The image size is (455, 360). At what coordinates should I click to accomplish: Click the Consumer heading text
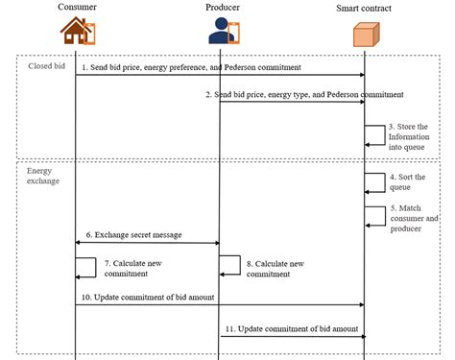coord(76,7)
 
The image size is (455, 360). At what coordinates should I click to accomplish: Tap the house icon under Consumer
coord(77,31)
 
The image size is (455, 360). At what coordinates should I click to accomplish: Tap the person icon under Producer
coord(220,32)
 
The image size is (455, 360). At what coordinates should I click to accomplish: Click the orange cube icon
coord(365,35)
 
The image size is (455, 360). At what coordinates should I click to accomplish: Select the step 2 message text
coord(304,95)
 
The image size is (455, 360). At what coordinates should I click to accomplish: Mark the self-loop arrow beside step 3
coord(374,135)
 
